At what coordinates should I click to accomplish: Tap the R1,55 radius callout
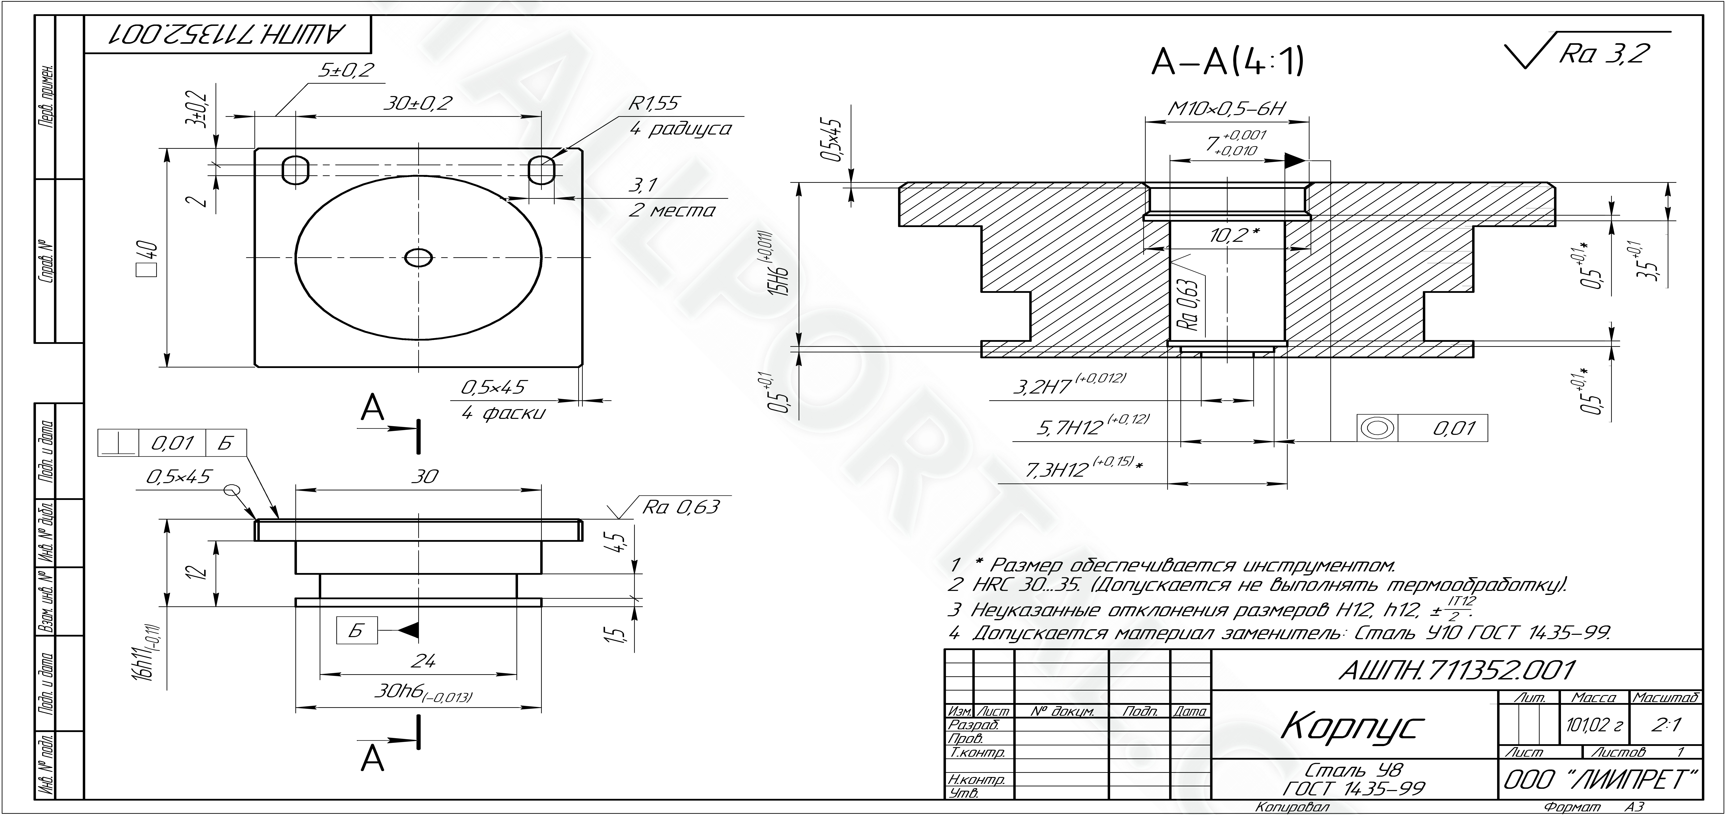pos(653,103)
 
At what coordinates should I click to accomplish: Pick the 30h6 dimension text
pos(423,694)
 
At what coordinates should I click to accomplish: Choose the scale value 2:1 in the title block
pos(1666,725)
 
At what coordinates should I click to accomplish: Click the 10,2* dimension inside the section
pos(1235,235)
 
